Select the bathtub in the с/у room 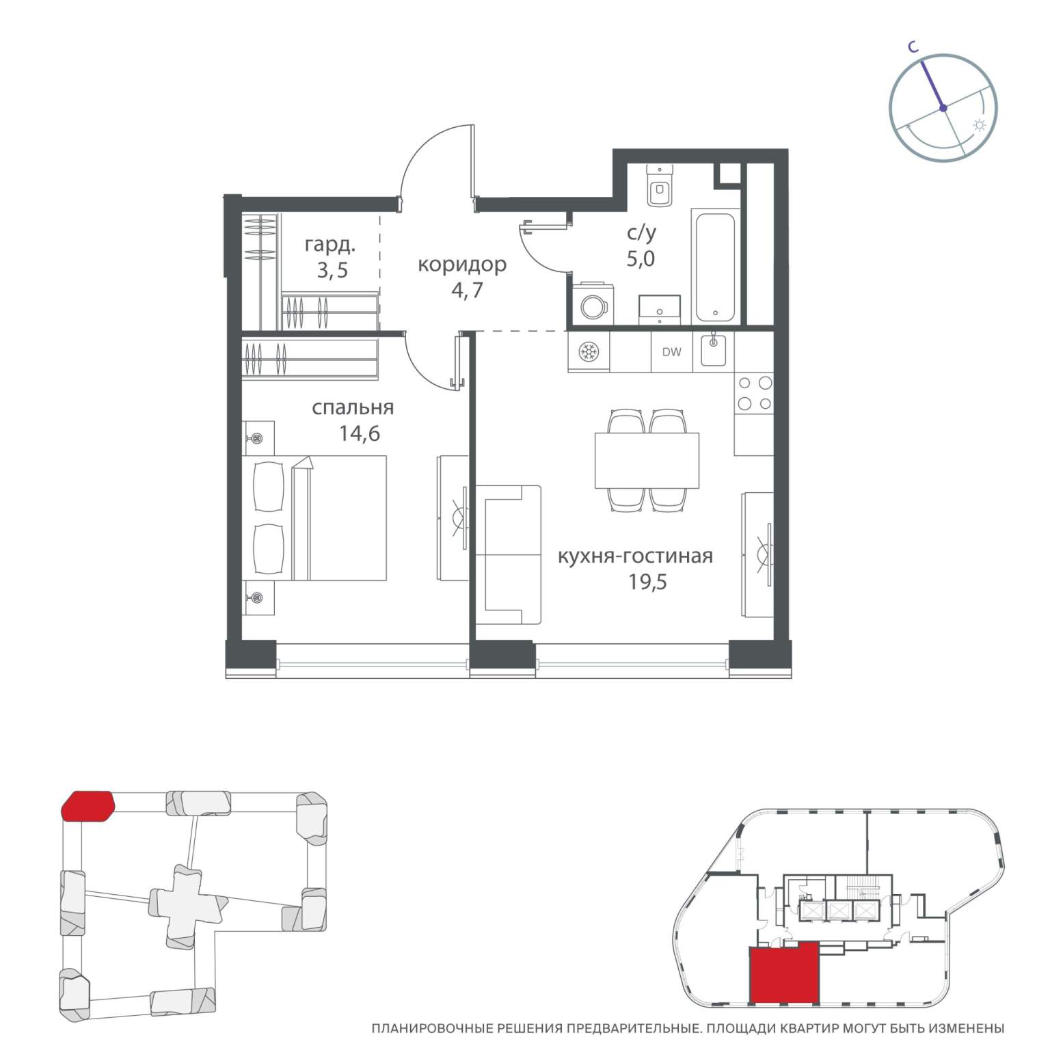point(715,266)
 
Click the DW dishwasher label point(671,352)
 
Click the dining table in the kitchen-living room point(647,460)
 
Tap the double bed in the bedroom point(315,518)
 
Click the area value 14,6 point(360,433)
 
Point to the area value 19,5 point(647,582)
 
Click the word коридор point(462,265)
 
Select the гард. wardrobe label point(330,245)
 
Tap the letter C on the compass point(913,46)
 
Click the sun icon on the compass point(980,125)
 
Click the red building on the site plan point(87,806)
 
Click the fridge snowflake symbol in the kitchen point(588,352)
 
